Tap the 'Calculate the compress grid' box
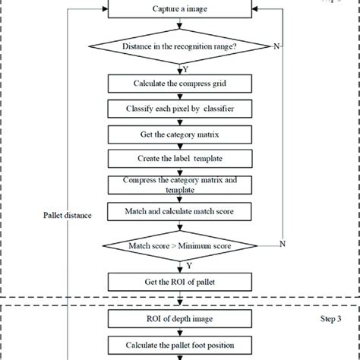click(x=180, y=83)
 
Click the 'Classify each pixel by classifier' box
click(x=180, y=109)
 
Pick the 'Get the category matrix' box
click(x=180, y=134)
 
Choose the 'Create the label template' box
click(x=180, y=159)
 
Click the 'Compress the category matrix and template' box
click(x=180, y=184)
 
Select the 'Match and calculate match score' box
click(x=180, y=210)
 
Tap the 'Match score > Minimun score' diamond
click(x=180, y=247)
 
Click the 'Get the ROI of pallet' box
click(x=180, y=282)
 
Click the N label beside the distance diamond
click(x=277, y=46)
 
